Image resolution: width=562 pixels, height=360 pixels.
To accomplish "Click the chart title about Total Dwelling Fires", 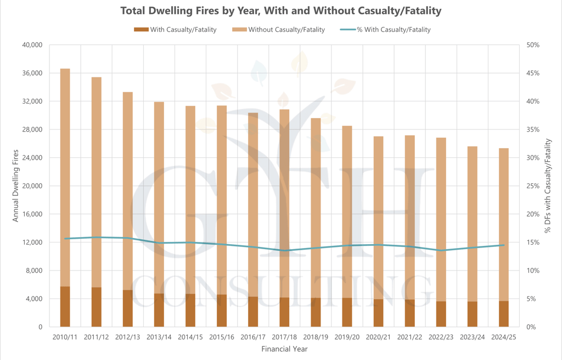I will click(280, 10).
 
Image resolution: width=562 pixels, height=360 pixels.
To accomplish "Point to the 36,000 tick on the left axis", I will click(31, 73).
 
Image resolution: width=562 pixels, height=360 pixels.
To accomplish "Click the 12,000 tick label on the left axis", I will click(31, 243).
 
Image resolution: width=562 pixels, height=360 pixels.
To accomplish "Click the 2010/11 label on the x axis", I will click(65, 336).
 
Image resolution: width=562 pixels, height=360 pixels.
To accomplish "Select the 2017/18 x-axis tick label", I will click(284, 336).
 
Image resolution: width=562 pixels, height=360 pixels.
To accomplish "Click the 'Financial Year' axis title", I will click(284, 348).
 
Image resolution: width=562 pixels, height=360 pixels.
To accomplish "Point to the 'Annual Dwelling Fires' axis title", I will click(15, 185).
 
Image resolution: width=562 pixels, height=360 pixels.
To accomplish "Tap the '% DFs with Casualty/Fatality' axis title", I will click(547, 185).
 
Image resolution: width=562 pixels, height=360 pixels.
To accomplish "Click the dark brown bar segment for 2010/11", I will click(65, 307).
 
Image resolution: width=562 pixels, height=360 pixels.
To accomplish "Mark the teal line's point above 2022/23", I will click(441, 250).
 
